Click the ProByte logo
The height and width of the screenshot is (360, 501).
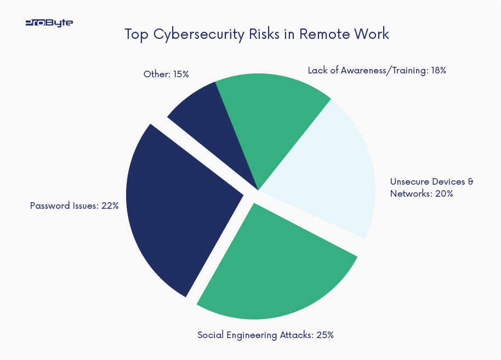(x=49, y=23)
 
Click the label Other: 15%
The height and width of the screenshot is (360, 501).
(x=166, y=74)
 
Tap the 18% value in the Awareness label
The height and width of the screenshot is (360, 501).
(x=438, y=71)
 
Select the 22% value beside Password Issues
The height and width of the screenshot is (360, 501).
(x=110, y=206)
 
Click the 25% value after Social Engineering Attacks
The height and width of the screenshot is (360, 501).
(x=324, y=335)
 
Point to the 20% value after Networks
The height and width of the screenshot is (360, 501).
(x=443, y=193)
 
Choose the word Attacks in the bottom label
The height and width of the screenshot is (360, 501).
(x=295, y=335)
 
